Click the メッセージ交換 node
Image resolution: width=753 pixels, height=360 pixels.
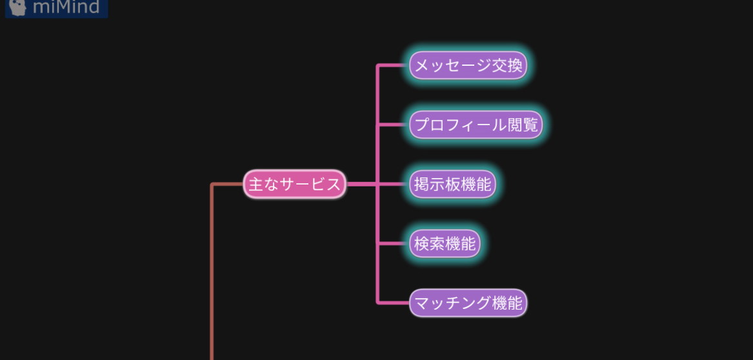click(468, 65)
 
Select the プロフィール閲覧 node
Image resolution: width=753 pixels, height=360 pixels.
click(476, 125)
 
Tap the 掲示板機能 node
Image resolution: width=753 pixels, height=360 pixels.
click(452, 185)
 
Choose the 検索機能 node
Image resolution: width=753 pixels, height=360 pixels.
click(445, 244)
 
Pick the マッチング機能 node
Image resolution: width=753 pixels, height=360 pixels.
click(468, 303)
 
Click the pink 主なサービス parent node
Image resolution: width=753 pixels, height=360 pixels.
click(295, 185)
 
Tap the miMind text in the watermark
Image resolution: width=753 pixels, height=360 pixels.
click(66, 8)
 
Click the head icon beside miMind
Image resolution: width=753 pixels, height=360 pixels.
click(18, 8)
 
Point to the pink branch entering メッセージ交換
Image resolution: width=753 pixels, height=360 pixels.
click(394, 65)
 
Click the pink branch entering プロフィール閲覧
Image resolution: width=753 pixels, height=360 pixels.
click(394, 125)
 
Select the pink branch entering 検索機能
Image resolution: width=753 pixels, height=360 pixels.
click(394, 244)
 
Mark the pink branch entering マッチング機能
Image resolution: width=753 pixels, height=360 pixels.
click(394, 303)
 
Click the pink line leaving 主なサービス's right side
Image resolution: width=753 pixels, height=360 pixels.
click(361, 185)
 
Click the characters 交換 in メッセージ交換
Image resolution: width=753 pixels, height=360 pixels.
click(507, 65)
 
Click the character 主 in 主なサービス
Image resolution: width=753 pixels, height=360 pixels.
click(256, 185)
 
